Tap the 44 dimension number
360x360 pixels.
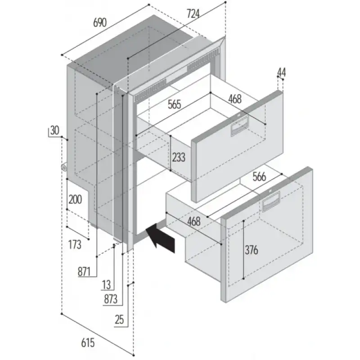[x=282, y=72]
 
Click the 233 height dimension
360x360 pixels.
[x=178, y=157]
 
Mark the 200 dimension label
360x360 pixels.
[x=75, y=199]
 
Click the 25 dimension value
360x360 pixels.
[x=119, y=320]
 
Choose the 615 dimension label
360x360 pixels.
[x=88, y=343]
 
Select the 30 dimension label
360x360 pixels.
[x=54, y=131]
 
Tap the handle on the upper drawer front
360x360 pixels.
[x=240, y=128]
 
